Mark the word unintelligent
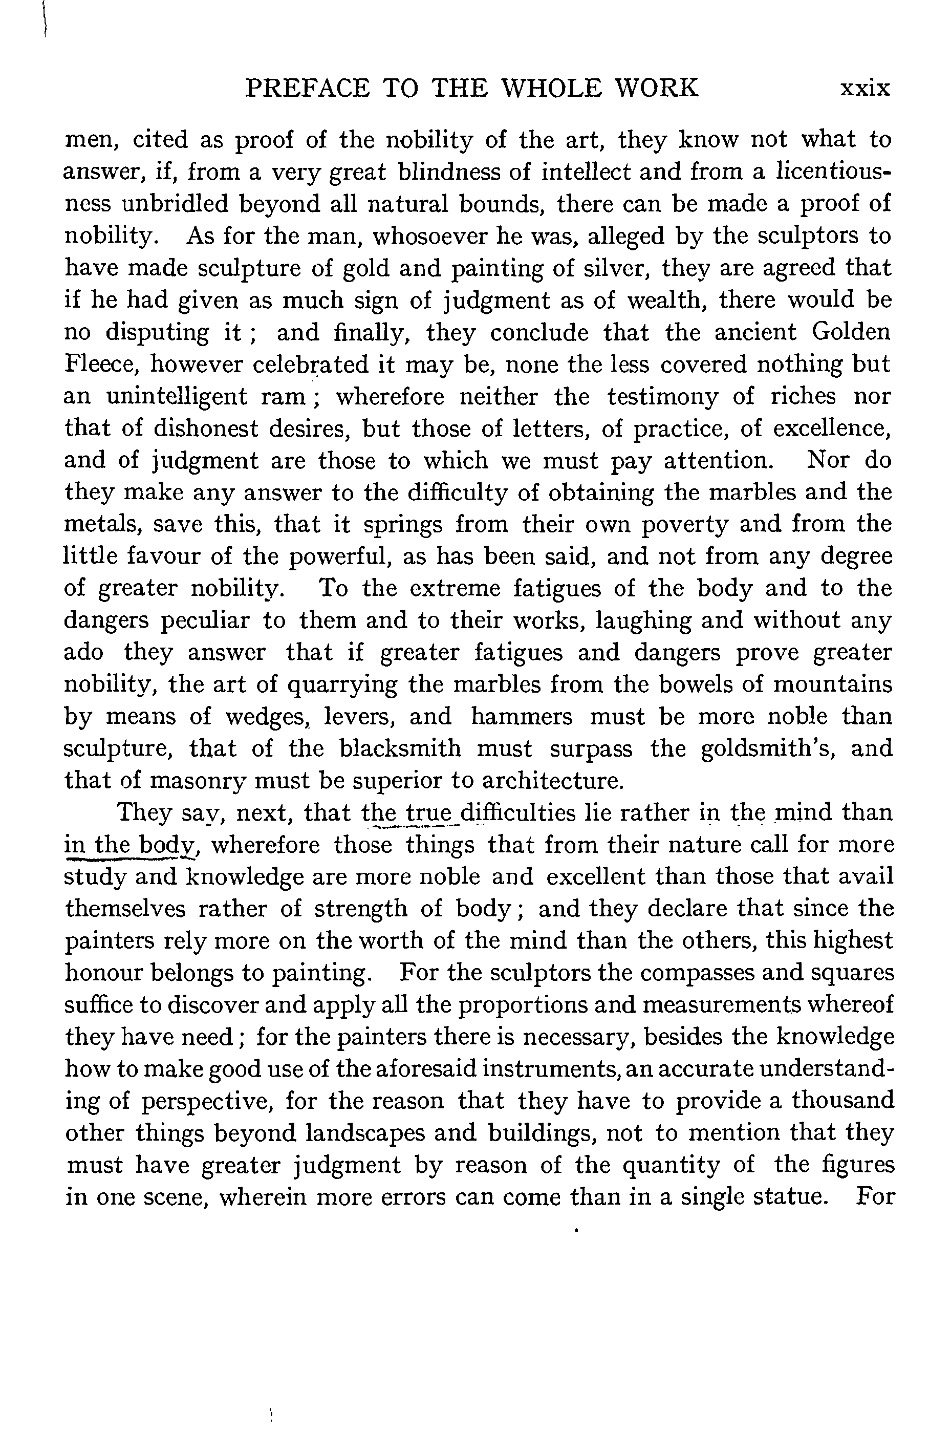coord(177,397)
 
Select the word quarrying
coord(342,685)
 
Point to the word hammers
coord(522,716)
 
